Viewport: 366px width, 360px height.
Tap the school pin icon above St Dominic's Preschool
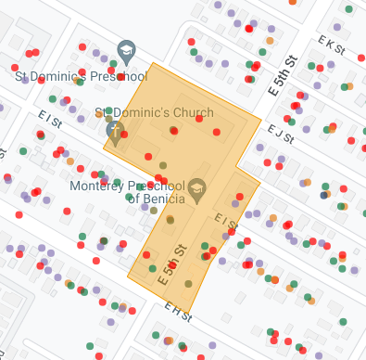(126, 52)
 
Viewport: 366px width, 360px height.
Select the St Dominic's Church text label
(154, 113)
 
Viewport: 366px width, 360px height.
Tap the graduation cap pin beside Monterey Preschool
(196, 191)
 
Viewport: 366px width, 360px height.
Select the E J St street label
(280, 134)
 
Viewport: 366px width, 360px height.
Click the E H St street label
(178, 313)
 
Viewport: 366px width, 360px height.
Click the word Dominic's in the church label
(141, 113)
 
